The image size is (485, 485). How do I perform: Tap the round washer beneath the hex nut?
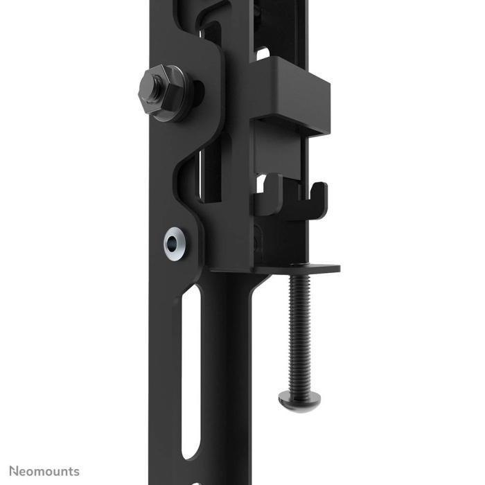[x=182, y=93]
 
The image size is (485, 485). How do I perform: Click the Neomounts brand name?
[x=44, y=471]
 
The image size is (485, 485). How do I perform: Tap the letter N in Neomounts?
[x=14, y=471]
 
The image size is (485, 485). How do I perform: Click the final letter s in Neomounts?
[x=76, y=472]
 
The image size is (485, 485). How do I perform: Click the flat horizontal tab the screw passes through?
[x=305, y=269]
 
